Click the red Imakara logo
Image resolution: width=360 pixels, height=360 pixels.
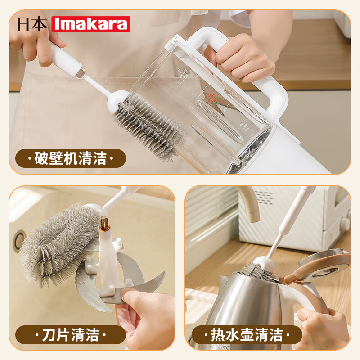click(91, 24)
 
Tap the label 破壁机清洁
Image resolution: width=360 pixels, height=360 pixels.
click(71, 158)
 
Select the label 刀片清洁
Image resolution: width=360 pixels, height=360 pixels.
click(71, 335)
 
